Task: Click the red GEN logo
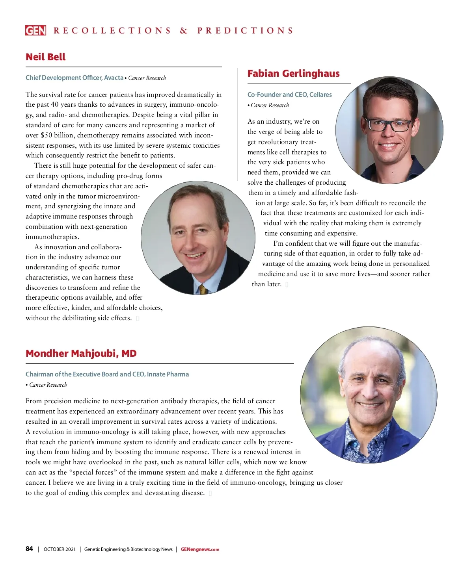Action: pos(35,30)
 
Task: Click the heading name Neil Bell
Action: pos(46,57)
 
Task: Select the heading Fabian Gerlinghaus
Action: pos(293,74)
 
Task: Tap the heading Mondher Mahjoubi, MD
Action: pos(81,353)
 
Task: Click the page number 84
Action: pos(29,549)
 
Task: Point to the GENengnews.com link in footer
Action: pos(200,549)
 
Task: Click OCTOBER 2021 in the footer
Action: pos(60,549)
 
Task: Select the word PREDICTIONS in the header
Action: pos(245,31)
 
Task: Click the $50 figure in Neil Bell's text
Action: pos(47,135)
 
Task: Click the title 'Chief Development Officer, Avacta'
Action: pos(74,78)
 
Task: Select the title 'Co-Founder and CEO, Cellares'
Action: pos(289,95)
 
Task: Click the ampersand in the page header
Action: pos(184,31)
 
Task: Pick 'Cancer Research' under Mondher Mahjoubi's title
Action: pos(48,385)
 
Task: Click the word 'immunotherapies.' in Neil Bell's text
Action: pos(52,237)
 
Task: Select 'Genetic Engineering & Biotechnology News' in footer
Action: pos(128,549)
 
